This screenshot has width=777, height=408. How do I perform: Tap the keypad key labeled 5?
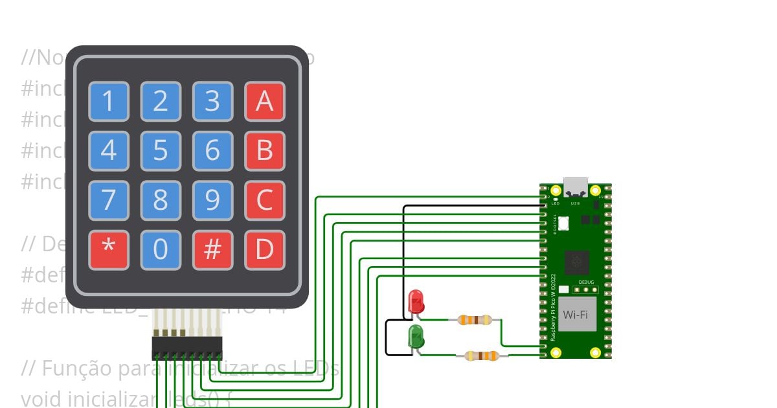pos(161,151)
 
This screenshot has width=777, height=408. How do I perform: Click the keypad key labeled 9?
pos(212,201)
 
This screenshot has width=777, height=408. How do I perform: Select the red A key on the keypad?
pos(264,102)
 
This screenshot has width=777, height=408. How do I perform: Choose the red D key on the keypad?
pos(264,250)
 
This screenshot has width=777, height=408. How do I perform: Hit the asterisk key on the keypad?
pos(109,250)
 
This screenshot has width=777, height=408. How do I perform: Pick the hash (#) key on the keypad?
pos(212,250)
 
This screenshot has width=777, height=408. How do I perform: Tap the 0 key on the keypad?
pos(161,250)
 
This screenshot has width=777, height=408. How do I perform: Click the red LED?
pos(416,301)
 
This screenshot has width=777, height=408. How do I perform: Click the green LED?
pos(416,337)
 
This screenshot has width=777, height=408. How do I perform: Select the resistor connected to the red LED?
pos(475,319)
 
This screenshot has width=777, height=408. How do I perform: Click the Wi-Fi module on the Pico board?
pos(577,314)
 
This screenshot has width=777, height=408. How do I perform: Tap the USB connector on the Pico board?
pos(575,187)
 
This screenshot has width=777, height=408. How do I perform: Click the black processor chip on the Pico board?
pos(575,262)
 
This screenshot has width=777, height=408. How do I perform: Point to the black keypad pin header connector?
pos(187,348)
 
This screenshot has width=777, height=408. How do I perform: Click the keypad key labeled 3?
pos(212,102)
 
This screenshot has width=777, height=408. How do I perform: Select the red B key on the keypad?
pos(264,151)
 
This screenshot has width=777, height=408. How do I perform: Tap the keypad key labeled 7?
pos(109,201)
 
